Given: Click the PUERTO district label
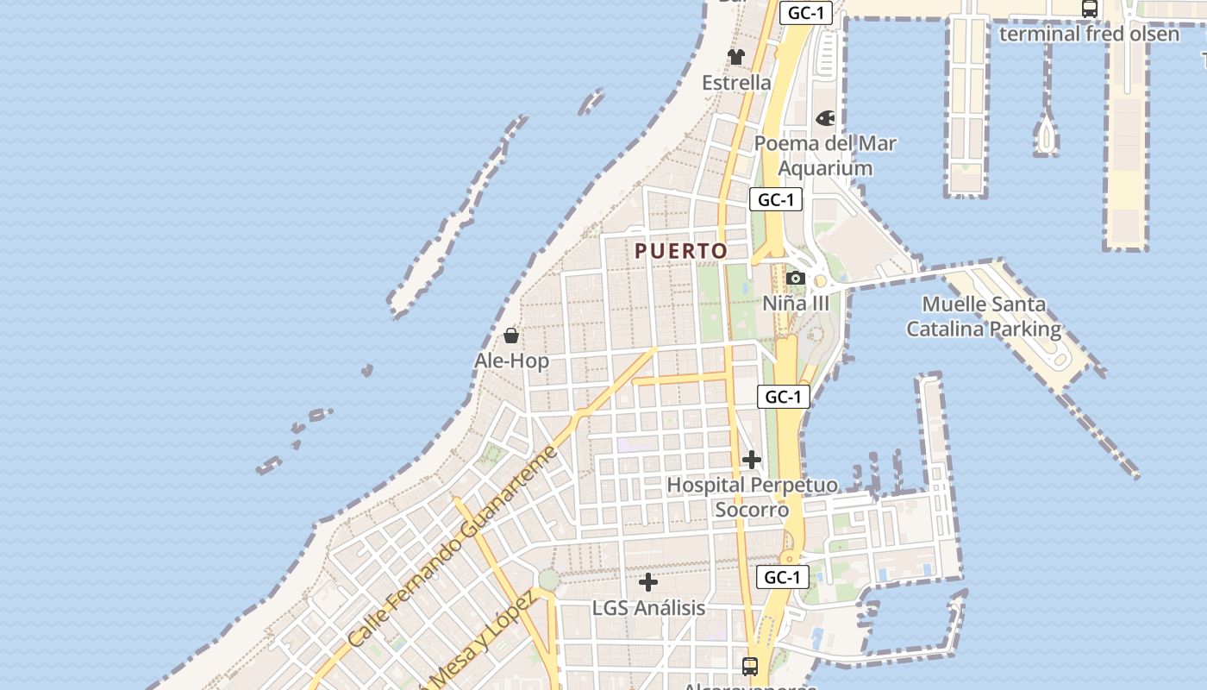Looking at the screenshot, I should tap(681, 251).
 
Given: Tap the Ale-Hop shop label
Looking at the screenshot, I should tap(511, 361).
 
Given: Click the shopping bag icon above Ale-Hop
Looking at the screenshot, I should tap(511, 335).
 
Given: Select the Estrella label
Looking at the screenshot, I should tap(736, 83).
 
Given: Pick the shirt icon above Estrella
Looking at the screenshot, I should tap(735, 57).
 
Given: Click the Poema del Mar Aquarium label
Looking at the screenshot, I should tap(825, 155).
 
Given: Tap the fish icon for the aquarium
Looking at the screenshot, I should tap(825, 117).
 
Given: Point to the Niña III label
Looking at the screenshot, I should tap(796, 304).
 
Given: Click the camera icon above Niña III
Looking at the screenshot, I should tap(796, 278).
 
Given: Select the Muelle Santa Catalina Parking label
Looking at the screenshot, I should tap(984, 317).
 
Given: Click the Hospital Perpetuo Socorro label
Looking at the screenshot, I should tap(752, 497).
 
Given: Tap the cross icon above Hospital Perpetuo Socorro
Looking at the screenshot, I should tap(752, 460).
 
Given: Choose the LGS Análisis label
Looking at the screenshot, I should tap(648, 608).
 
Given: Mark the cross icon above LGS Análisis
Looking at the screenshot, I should tap(648, 582).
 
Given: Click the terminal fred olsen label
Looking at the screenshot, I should tap(1089, 34).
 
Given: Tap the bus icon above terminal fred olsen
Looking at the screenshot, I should tap(1090, 9).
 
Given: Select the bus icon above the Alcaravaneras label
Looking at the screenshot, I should tap(750, 666).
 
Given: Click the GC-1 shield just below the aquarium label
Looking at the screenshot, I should tap(776, 200).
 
